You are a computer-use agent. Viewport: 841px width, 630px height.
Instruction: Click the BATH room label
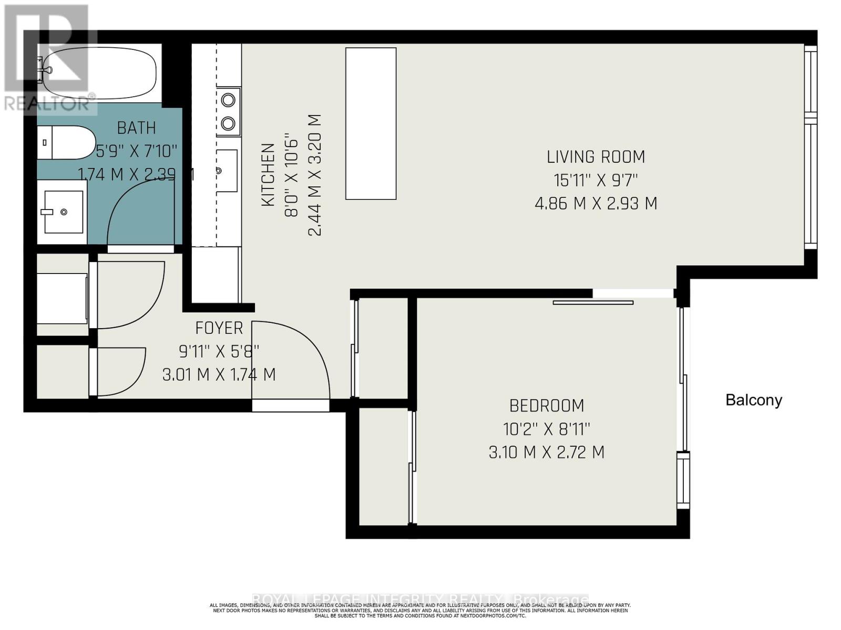coord(136,128)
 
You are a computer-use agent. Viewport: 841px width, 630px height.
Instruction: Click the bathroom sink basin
coord(64,212)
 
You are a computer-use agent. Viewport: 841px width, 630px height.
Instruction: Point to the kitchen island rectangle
coord(371,123)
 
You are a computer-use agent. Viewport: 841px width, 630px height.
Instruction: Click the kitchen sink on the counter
coord(227,171)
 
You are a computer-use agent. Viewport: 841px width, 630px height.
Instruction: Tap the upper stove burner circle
coord(228,99)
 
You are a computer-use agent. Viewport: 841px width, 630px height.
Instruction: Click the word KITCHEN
coord(268,175)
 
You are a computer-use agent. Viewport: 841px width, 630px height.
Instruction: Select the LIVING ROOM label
coord(596,157)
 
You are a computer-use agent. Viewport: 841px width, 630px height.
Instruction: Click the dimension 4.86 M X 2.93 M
coord(596,203)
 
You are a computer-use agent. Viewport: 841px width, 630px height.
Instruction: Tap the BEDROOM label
coord(547,406)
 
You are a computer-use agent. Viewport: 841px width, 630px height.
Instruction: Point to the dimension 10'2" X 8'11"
coord(547,429)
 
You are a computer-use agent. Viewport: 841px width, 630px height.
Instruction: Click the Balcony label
coord(753,400)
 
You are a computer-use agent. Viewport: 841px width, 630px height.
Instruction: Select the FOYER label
coord(219,328)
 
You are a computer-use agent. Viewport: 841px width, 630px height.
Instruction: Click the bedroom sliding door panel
coord(593,302)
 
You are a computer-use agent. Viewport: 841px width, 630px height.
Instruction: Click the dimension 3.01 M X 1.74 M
coord(219,374)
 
